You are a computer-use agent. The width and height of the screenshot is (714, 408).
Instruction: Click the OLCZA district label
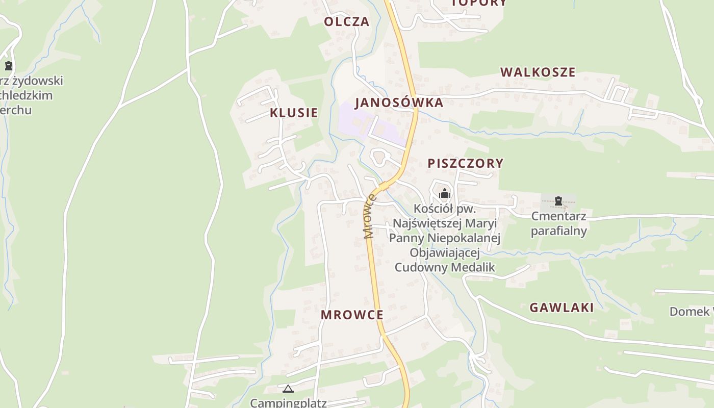347,21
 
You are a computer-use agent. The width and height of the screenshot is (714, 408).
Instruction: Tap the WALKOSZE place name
538,72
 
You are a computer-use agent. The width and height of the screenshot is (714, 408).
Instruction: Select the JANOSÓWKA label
399,103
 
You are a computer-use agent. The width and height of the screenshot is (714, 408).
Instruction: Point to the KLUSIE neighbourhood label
294,113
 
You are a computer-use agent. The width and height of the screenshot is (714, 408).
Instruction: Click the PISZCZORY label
465,163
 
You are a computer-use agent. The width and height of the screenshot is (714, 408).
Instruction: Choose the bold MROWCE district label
352,315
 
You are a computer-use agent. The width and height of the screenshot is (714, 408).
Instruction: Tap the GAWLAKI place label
562,308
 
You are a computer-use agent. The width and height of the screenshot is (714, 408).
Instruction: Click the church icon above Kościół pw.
445,193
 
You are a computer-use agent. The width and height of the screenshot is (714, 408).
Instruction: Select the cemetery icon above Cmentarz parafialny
558,201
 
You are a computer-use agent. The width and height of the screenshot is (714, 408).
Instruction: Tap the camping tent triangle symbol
288,389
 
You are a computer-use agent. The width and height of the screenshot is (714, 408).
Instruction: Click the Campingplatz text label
288,402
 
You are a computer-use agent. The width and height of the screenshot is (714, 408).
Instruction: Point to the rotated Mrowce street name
369,217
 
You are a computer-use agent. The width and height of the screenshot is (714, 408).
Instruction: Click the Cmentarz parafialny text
558,223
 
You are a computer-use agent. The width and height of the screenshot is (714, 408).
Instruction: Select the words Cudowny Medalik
445,267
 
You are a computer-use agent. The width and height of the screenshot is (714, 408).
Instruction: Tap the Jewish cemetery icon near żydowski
9,66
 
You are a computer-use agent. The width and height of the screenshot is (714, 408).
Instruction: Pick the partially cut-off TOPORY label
479,3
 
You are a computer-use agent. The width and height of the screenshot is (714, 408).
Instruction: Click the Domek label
691,311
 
